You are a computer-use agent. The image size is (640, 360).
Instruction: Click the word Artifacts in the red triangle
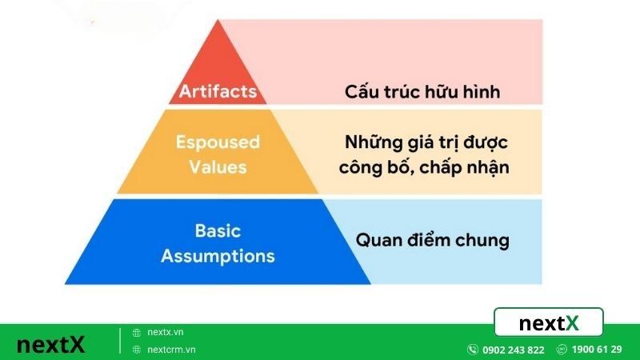click(x=218, y=91)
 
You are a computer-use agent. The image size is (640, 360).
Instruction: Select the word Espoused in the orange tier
click(x=218, y=142)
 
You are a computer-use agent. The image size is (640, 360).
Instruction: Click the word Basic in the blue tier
click(x=218, y=231)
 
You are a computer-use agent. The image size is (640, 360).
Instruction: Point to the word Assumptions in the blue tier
click(x=218, y=256)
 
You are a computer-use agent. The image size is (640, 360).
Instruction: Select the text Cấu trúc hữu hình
click(x=422, y=91)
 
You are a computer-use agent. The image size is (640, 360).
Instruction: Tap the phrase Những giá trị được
click(x=427, y=143)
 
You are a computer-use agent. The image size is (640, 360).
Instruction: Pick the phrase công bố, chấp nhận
click(x=423, y=168)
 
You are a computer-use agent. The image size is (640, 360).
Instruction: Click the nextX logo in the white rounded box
click(x=549, y=323)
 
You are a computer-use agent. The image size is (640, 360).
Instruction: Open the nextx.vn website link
click(x=166, y=332)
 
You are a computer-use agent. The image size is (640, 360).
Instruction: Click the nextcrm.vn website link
click(x=172, y=350)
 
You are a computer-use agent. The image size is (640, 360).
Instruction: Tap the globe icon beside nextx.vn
click(x=137, y=332)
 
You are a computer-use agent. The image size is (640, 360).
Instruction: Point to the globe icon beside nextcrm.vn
click(x=137, y=350)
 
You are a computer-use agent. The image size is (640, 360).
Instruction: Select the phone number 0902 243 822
click(x=514, y=350)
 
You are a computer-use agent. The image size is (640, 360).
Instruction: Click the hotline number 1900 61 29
click(x=597, y=350)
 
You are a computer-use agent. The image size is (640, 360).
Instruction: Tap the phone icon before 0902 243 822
click(x=473, y=350)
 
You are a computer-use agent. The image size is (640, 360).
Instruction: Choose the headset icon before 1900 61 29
click(x=562, y=350)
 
